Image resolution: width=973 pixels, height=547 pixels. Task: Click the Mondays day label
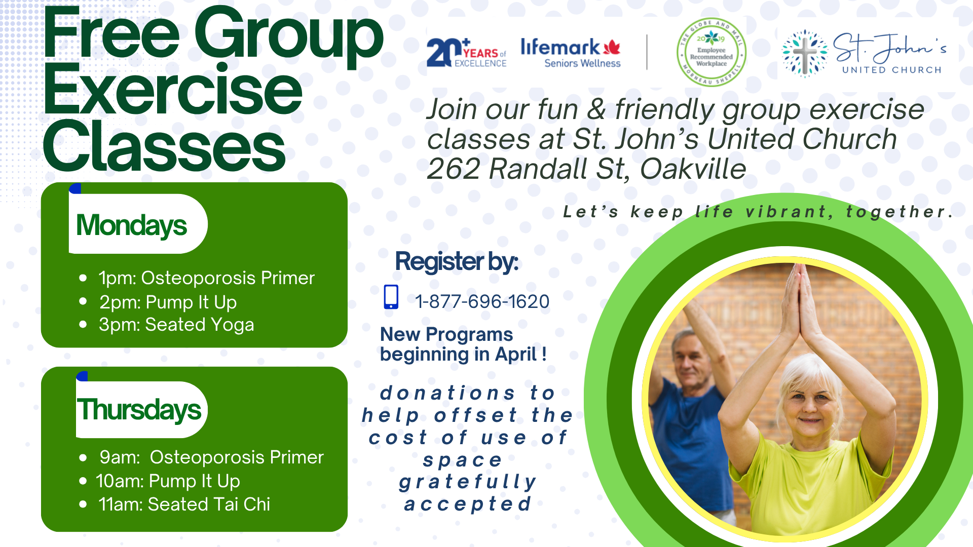tap(132, 225)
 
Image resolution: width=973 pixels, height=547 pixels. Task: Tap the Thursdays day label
tap(139, 410)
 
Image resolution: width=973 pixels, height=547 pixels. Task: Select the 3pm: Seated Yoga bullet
tap(176, 325)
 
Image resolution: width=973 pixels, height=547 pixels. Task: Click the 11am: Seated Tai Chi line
tap(184, 504)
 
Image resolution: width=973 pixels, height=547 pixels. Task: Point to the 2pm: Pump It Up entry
tap(168, 302)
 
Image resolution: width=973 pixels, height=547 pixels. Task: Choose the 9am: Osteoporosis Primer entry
tap(211, 457)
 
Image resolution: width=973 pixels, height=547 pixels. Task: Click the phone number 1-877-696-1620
tap(482, 302)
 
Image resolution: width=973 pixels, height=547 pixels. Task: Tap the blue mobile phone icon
tap(391, 297)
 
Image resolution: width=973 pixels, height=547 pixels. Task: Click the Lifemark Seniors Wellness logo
tap(571, 53)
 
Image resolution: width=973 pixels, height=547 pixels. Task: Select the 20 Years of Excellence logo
tap(466, 53)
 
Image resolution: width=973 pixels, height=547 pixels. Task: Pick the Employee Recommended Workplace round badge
tap(711, 52)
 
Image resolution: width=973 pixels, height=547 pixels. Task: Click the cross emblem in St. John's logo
tap(805, 54)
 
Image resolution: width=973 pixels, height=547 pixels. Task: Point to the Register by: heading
tap(457, 262)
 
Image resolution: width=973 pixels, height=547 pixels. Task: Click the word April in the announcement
tap(516, 355)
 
